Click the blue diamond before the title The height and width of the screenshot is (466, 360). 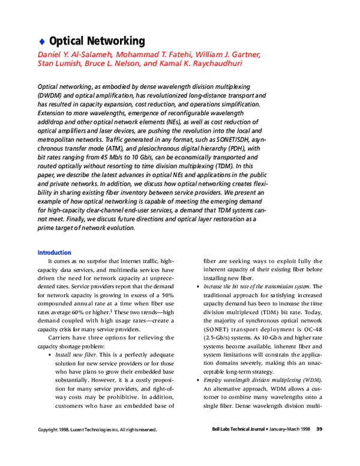pyautogui.click(x=41, y=41)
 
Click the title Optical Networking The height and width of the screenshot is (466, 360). pyautogui.click(x=97, y=41)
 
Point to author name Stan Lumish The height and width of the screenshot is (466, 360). pyautogui.click(x=59, y=63)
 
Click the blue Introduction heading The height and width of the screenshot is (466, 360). pyautogui.click(x=54, y=253)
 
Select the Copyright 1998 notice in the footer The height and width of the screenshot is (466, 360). pyautogui.click(x=97, y=430)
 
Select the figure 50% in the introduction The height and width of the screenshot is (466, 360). pyautogui.click(x=166, y=295)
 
